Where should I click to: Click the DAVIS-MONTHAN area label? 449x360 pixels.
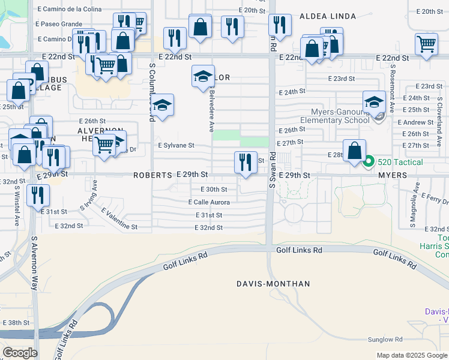(x=273, y=283)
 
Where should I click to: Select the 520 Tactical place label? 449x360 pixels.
(x=400, y=162)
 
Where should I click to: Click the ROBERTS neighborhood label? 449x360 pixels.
(x=152, y=175)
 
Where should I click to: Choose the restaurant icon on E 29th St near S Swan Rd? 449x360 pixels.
(x=245, y=162)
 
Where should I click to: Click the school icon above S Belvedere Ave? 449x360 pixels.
(x=203, y=76)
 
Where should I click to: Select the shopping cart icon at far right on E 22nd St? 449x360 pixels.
(x=426, y=44)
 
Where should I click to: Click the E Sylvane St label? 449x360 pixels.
(x=176, y=145)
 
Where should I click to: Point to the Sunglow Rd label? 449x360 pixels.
(x=386, y=340)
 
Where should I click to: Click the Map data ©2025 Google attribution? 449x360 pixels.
(x=411, y=355)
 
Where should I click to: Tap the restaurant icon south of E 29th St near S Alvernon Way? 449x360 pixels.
(x=37, y=196)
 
